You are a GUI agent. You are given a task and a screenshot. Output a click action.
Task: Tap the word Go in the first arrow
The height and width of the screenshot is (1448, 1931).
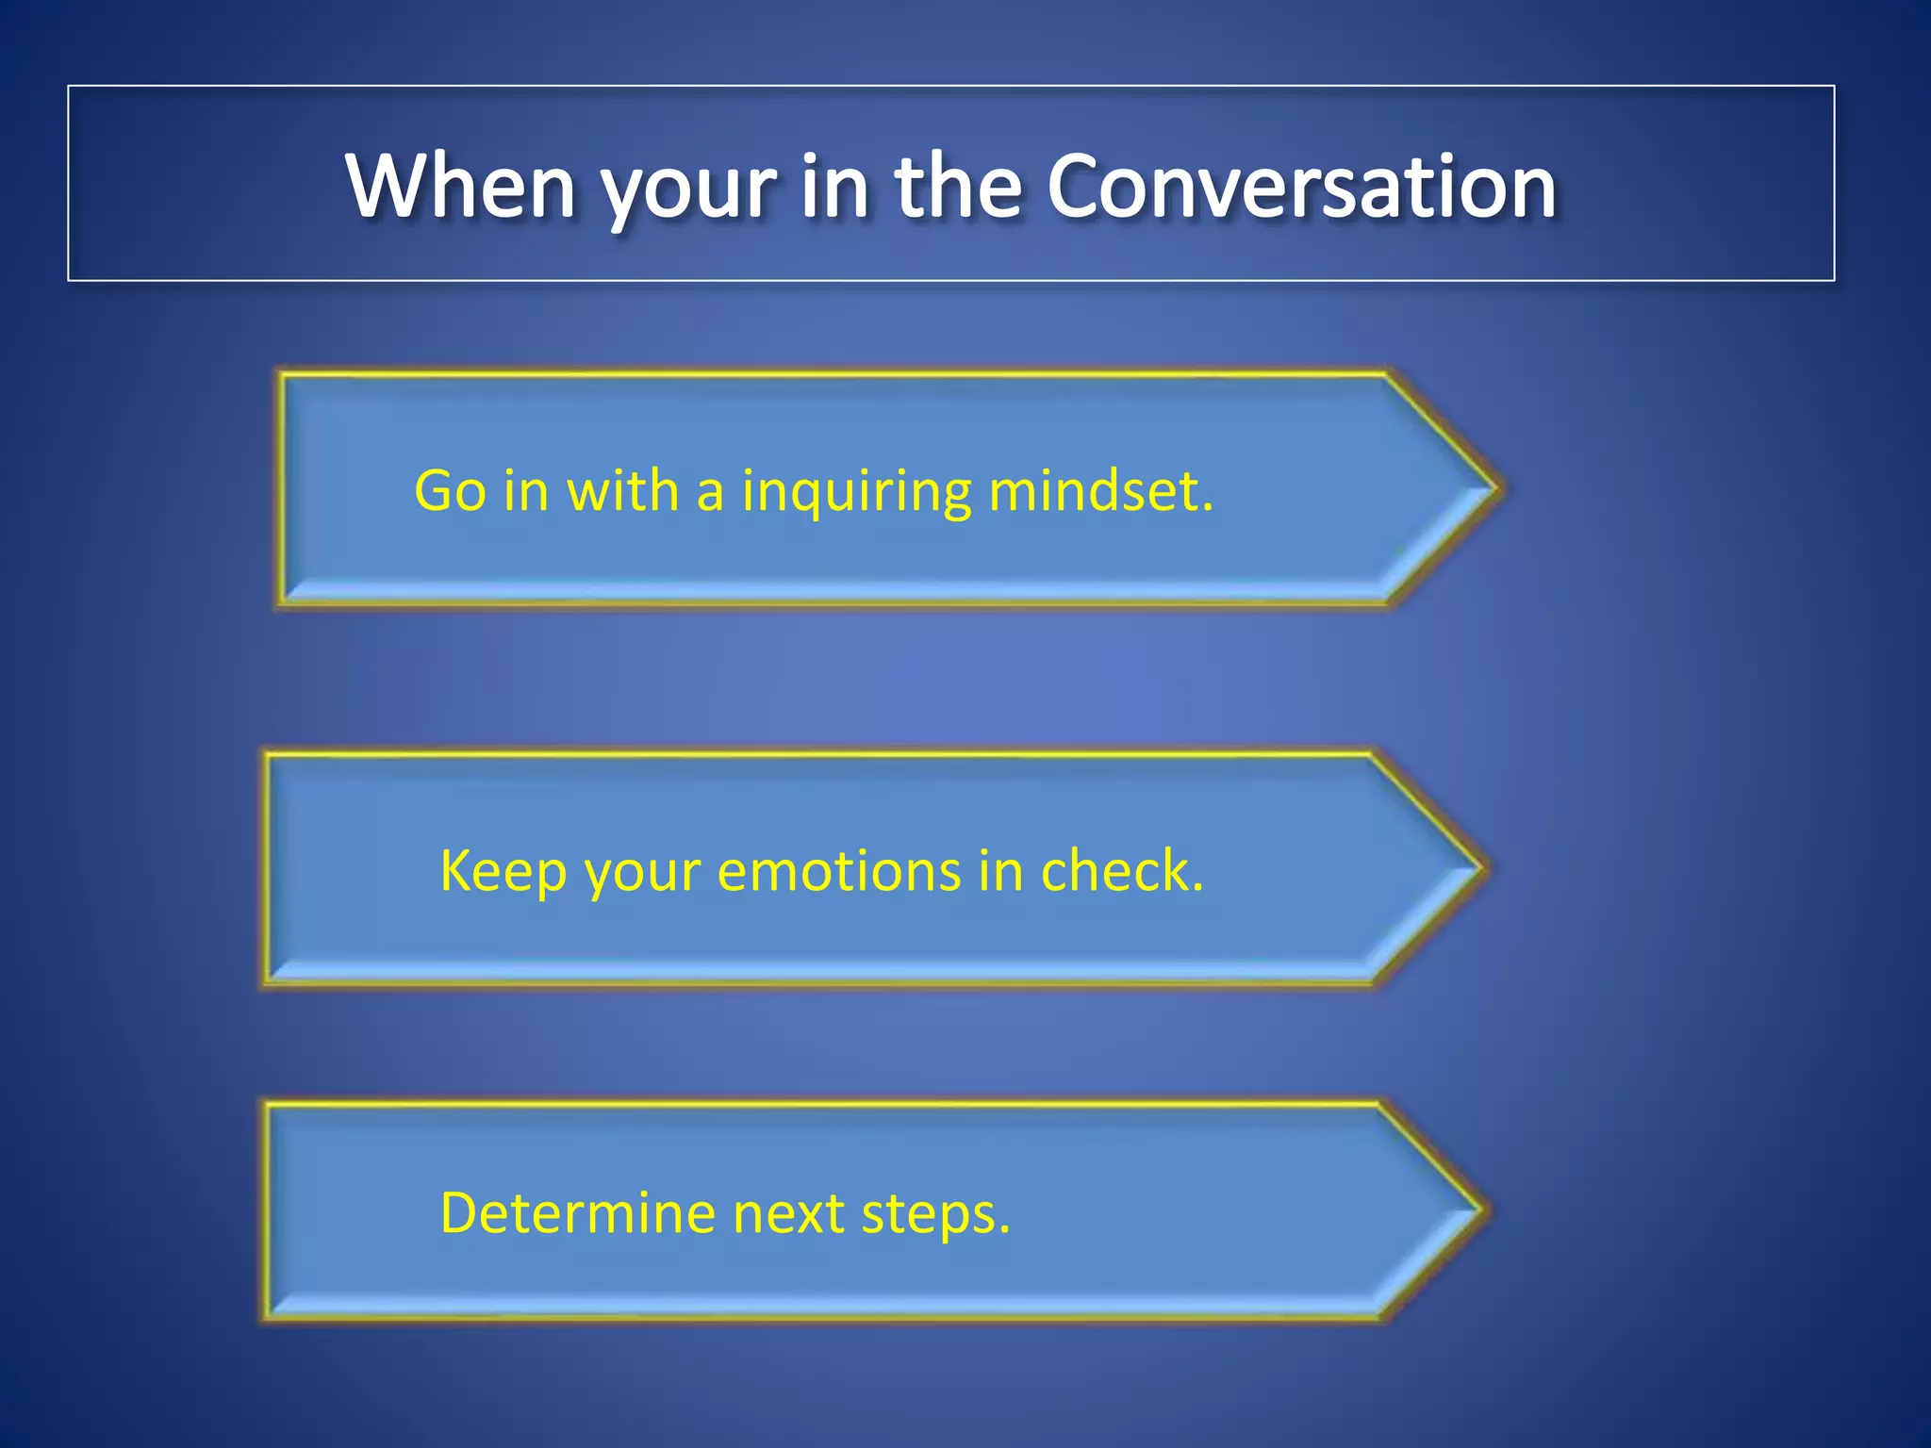point(450,491)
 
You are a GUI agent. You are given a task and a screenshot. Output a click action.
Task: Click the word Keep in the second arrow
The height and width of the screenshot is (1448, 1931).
point(503,871)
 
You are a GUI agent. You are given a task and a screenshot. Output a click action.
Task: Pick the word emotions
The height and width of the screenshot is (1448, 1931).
point(838,870)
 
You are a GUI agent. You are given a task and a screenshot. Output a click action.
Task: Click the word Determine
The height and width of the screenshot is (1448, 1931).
point(577,1213)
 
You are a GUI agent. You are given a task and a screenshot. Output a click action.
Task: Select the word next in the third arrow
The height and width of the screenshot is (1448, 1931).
point(788,1214)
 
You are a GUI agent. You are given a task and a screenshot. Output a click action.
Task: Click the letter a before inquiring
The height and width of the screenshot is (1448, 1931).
point(710,493)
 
